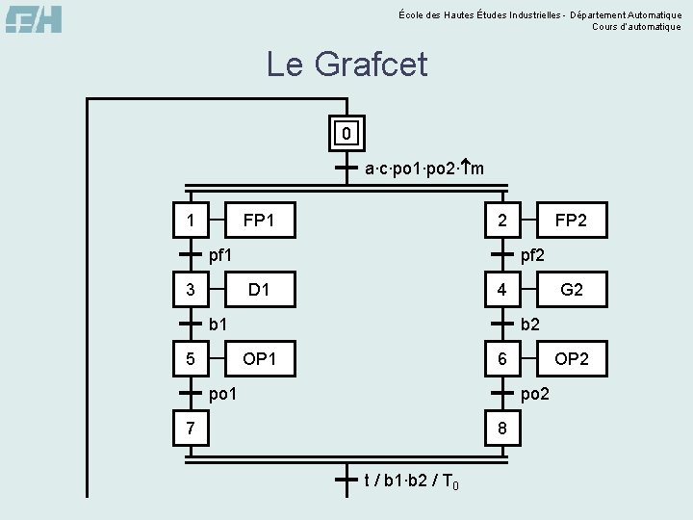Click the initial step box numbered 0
(x=346, y=132)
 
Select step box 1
(x=190, y=221)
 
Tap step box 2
(x=501, y=221)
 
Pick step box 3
(x=190, y=290)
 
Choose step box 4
(x=501, y=290)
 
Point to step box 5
(x=190, y=359)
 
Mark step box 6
(x=501, y=359)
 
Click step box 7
(x=190, y=428)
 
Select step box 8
(x=501, y=428)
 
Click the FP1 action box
(x=259, y=221)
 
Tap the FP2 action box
(x=571, y=221)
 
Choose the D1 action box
(x=259, y=290)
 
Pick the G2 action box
(x=571, y=290)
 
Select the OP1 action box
(x=259, y=359)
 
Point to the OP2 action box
(x=571, y=359)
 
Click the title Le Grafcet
(x=346, y=65)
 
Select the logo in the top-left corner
(x=35, y=19)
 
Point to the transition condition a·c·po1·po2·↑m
(x=424, y=169)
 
